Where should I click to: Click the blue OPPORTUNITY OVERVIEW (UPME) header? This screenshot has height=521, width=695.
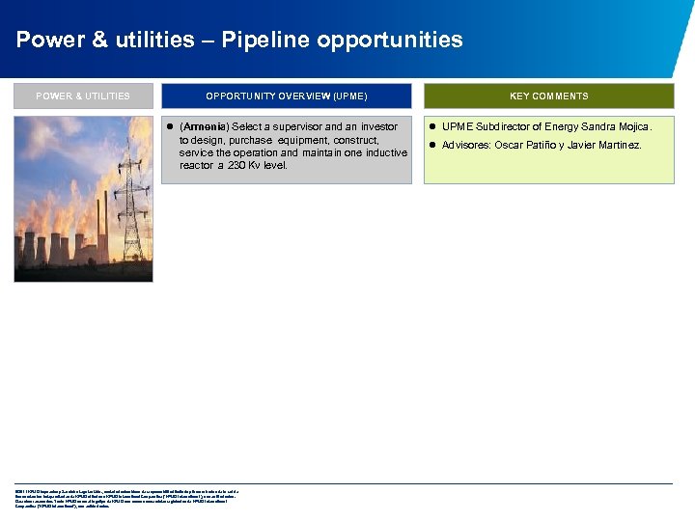(x=287, y=96)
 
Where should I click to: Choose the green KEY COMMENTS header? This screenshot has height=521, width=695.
(x=549, y=96)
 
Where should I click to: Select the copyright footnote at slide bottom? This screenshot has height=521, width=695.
(x=125, y=498)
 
